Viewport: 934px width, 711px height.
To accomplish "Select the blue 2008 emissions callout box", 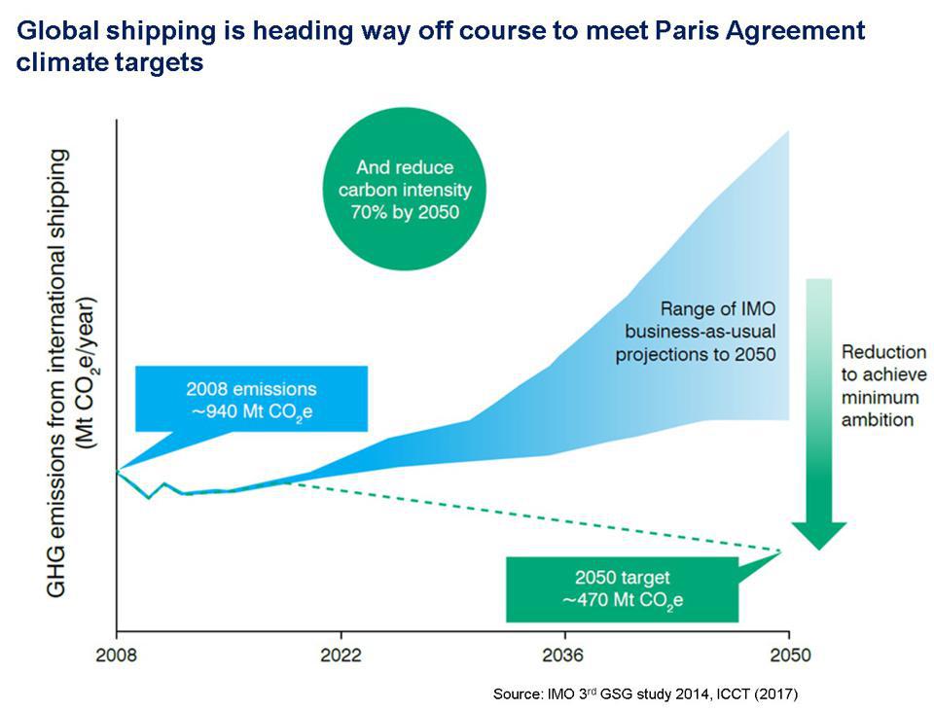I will tap(251, 398).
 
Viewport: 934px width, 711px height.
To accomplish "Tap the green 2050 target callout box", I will tap(622, 587).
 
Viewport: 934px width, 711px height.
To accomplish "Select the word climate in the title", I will tap(58, 63).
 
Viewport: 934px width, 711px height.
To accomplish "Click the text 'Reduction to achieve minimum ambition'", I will tap(882, 385).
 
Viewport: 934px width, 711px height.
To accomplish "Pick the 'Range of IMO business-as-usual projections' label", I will tap(695, 332).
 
